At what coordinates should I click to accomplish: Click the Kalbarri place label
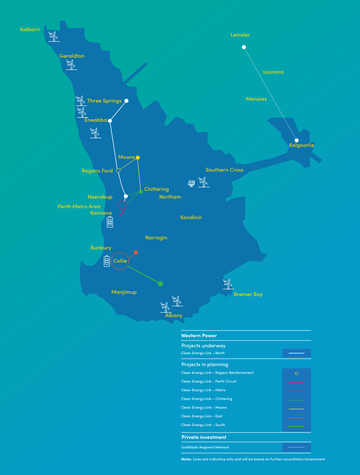click(30, 29)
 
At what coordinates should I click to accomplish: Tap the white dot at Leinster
click(244, 47)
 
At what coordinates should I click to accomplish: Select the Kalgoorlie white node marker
click(296, 140)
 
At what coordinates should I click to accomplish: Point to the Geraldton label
click(72, 56)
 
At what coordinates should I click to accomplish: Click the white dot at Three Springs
click(126, 101)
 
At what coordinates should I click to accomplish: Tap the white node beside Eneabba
click(110, 121)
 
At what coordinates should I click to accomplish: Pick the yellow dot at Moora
click(137, 157)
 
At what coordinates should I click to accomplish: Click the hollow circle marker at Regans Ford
click(118, 170)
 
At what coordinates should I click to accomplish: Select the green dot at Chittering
click(141, 191)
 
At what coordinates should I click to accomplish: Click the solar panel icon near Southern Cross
click(191, 184)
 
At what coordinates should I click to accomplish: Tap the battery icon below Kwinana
click(110, 222)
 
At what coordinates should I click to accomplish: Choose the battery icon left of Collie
click(107, 261)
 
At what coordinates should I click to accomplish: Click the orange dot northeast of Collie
click(136, 252)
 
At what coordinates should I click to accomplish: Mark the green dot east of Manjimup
click(160, 284)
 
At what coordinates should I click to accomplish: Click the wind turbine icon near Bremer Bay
click(228, 284)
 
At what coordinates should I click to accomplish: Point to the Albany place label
click(174, 315)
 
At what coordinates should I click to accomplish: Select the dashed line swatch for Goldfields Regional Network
click(296, 447)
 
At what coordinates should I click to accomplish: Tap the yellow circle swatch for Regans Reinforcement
click(296, 373)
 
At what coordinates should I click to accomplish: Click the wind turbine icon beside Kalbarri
click(54, 36)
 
